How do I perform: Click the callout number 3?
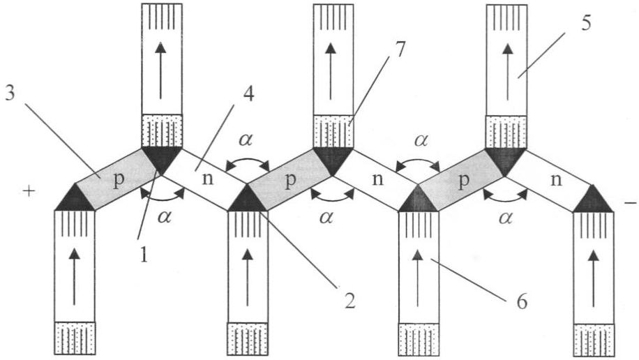click(9, 93)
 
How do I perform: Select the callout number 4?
click(249, 94)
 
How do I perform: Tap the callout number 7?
click(400, 50)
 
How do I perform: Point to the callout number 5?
click(585, 23)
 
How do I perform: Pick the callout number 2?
click(349, 301)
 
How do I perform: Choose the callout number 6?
click(522, 301)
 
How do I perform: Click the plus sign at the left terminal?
click(29, 192)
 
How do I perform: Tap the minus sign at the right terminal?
click(630, 202)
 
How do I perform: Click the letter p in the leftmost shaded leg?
click(118, 180)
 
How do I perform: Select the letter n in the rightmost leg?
click(556, 179)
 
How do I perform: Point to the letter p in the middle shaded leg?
click(290, 180)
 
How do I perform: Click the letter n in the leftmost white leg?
click(208, 179)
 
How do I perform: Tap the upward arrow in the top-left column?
click(161, 70)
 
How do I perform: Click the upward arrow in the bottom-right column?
click(594, 278)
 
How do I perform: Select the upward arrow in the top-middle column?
click(331, 70)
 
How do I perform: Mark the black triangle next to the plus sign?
click(75, 200)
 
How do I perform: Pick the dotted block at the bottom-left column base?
click(75, 338)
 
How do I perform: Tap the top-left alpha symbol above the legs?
click(246, 140)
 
